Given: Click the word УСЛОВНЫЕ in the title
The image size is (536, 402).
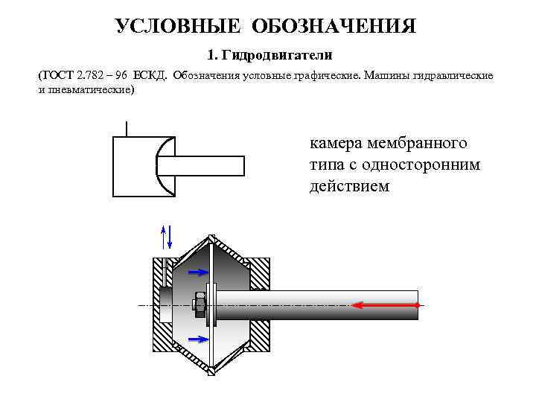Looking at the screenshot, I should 179,27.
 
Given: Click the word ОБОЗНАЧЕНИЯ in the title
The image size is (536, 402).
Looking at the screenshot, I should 334,27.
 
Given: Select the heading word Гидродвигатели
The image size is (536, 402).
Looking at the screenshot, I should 281,56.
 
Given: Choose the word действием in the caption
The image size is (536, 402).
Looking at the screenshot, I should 349,185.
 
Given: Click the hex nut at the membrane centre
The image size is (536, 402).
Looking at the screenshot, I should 200,304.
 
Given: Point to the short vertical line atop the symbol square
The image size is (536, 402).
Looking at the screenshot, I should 127,129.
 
